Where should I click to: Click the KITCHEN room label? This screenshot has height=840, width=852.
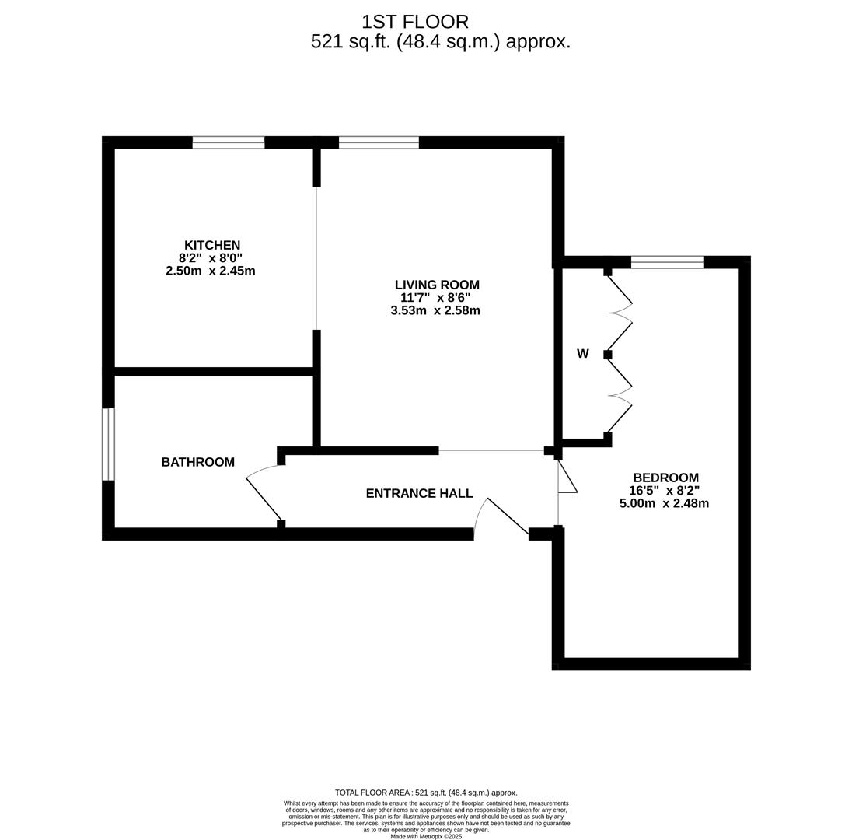pyautogui.click(x=212, y=245)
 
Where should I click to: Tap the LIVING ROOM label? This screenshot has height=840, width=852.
pyautogui.click(x=438, y=285)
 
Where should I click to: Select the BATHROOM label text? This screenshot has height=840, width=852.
pyautogui.click(x=197, y=462)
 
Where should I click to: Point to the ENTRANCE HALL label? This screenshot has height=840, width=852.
pyautogui.click(x=420, y=493)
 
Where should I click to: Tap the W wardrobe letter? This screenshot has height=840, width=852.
pyautogui.click(x=582, y=354)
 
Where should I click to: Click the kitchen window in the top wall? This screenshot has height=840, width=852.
pyautogui.click(x=229, y=142)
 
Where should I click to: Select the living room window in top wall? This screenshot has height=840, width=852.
pyautogui.click(x=379, y=142)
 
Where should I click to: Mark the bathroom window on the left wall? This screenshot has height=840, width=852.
pyautogui.click(x=109, y=444)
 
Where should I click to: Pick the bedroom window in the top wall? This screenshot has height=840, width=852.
pyautogui.click(x=667, y=262)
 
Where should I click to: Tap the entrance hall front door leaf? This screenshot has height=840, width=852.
pyautogui.click(x=508, y=516)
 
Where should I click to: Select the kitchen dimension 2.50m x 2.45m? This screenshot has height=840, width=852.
pyautogui.click(x=211, y=271)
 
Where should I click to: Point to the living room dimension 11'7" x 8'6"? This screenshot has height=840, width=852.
pyautogui.click(x=435, y=297)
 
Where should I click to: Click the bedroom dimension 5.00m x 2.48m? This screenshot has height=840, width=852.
pyautogui.click(x=664, y=503)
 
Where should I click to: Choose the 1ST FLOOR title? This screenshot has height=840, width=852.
pyautogui.click(x=415, y=22)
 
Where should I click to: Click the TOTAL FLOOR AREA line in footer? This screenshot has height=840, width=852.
pyautogui.click(x=426, y=793)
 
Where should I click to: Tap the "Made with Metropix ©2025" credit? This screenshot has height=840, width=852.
pyautogui.click(x=426, y=837)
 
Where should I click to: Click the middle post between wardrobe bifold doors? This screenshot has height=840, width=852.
pyautogui.click(x=607, y=355)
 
